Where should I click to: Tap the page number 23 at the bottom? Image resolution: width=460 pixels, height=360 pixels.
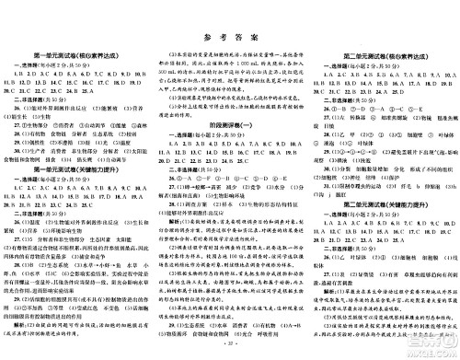230,354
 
